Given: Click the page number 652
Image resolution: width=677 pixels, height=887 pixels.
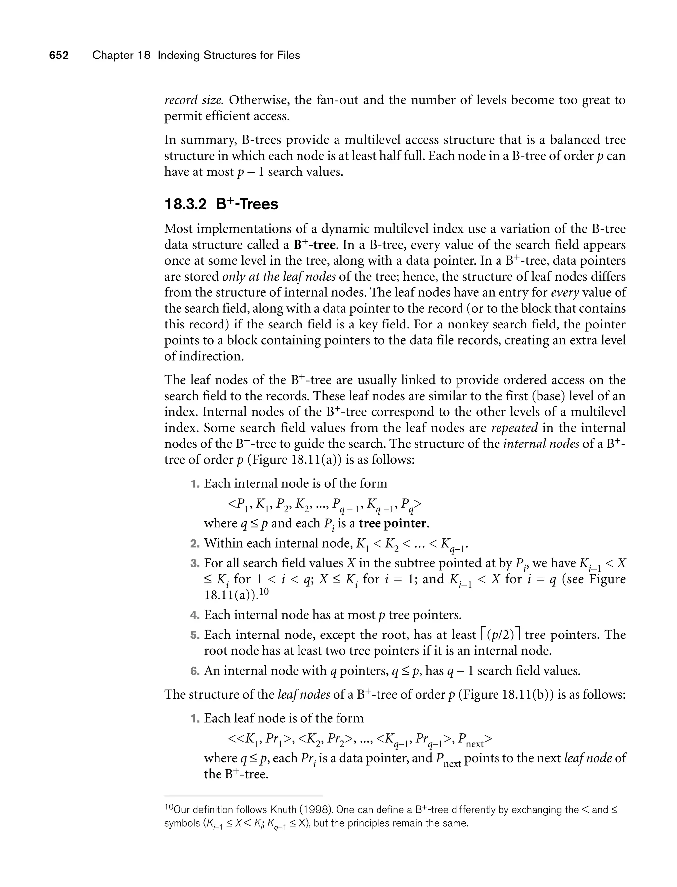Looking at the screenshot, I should (59, 55).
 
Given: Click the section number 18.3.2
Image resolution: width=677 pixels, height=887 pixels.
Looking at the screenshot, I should (185, 204).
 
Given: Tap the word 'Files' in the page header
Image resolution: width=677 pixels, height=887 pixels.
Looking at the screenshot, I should (289, 55).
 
